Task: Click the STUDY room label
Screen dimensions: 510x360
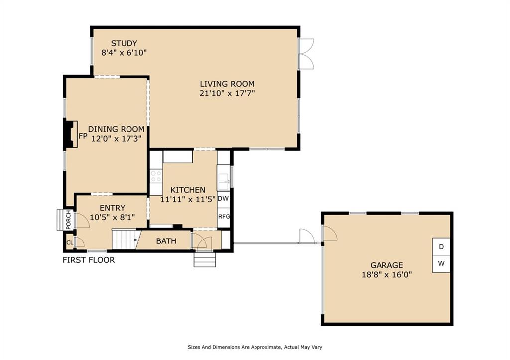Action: (x=124, y=43)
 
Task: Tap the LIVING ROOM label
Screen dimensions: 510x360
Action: (x=227, y=84)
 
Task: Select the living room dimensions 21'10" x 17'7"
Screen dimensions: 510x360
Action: (x=227, y=93)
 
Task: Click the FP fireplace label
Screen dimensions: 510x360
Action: (x=83, y=136)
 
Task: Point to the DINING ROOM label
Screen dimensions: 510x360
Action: (x=116, y=129)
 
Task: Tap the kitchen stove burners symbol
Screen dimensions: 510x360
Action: (x=156, y=177)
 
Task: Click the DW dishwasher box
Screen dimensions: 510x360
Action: (x=223, y=198)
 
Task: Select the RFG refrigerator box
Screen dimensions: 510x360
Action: (x=224, y=216)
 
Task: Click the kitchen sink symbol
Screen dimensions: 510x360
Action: (x=223, y=182)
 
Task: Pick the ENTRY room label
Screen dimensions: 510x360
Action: (x=112, y=208)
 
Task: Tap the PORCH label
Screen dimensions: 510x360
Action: (x=68, y=220)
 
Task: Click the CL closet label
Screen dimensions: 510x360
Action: (x=70, y=242)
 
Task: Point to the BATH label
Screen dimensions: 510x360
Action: (x=166, y=241)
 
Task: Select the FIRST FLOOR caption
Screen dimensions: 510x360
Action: (x=89, y=260)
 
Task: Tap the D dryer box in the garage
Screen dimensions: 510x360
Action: (x=441, y=247)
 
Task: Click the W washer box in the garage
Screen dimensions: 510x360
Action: (x=441, y=264)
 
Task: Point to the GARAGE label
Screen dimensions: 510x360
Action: (x=386, y=265)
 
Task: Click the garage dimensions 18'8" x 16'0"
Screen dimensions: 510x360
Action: (x=386, y=275)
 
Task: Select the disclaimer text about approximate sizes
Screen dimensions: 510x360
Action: (x=255, y=347)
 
